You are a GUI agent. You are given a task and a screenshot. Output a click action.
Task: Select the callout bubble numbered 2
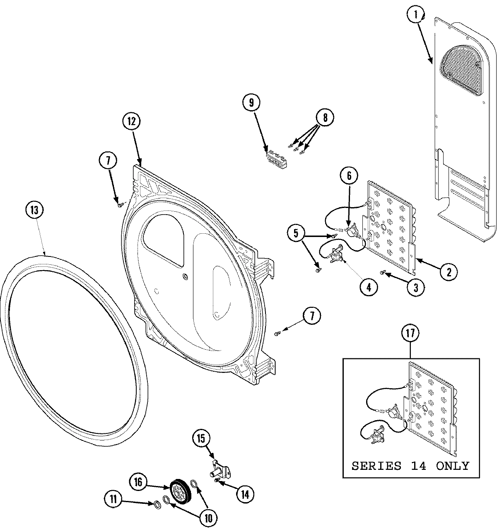[449, 272]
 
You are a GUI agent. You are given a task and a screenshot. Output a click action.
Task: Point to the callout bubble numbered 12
[131, 121]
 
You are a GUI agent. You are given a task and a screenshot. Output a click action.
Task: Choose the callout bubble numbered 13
[34, 210]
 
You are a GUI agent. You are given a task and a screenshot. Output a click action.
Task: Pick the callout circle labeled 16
[138, 482]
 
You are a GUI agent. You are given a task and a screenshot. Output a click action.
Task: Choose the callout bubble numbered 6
[349, 176]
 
